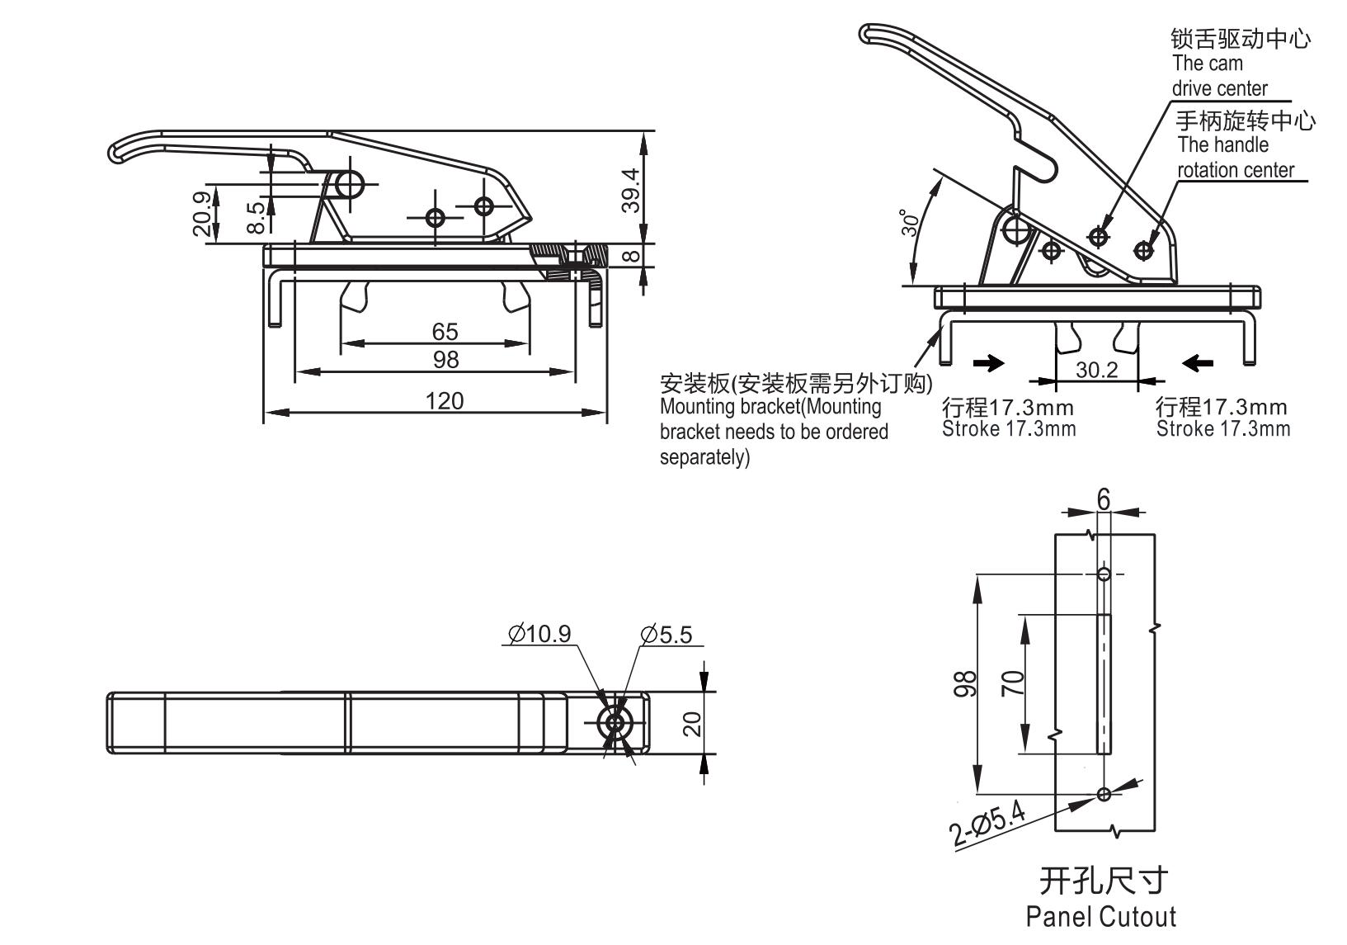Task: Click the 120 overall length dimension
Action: (x=445, y=401)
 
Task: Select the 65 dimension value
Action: (x=445, y=332)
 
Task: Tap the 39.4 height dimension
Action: (x=630, y=190)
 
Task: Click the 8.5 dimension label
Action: (x=257, y=218)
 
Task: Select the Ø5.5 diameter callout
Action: (x=666, y=634)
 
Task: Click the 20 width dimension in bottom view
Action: (x=693, y=724)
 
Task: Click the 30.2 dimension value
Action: (x=1096, y=370)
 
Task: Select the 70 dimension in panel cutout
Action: (x=1013, y=683)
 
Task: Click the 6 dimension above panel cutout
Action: (x=1104, y=499)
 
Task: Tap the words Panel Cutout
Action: (x=1101, y=916)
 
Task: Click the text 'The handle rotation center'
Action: (x=1235, y=158)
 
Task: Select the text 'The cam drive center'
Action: (x=1219, y=76)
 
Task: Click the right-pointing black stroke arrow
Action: (x=989, y=362)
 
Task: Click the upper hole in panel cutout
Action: (x=1104, y=574)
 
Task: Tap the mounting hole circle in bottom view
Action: (x=615, y=723)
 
